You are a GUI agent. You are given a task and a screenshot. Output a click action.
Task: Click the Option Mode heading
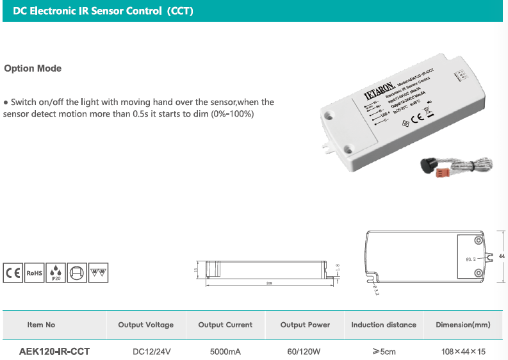[x=33, y=69]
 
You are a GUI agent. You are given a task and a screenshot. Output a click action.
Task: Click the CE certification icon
[x=13, y=272]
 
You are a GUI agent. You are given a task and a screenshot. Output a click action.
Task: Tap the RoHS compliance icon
[x=35, y=272]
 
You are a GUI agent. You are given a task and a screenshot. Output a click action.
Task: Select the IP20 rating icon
[x=56, y=272]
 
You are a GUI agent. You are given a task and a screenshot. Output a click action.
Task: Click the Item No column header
[x=41, y=325]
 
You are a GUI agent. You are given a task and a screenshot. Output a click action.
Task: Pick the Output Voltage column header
[x=145, y=325]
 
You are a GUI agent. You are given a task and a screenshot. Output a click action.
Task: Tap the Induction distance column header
[x=384, y=325]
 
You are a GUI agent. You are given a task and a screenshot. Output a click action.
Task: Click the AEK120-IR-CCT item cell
[x=54, y=352]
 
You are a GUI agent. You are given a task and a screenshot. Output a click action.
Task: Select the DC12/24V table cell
[x=152, y=352]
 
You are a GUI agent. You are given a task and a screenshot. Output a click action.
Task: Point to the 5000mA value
[x=225, y=352]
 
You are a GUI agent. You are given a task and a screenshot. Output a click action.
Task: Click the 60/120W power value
[x=305, y=352]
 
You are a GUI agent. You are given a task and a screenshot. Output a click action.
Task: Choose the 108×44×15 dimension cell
[x=463, y=352]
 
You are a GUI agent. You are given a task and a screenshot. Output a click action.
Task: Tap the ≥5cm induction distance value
[x=384, y=352]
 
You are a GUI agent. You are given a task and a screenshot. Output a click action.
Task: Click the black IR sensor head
[x=427, y=165]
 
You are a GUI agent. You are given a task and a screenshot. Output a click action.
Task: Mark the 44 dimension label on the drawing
[x=502, y=256]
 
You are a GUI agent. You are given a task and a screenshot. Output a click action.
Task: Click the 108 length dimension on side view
[x=269, y=283]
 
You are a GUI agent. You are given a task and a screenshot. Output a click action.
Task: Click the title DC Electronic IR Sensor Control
[x=102, y=12]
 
